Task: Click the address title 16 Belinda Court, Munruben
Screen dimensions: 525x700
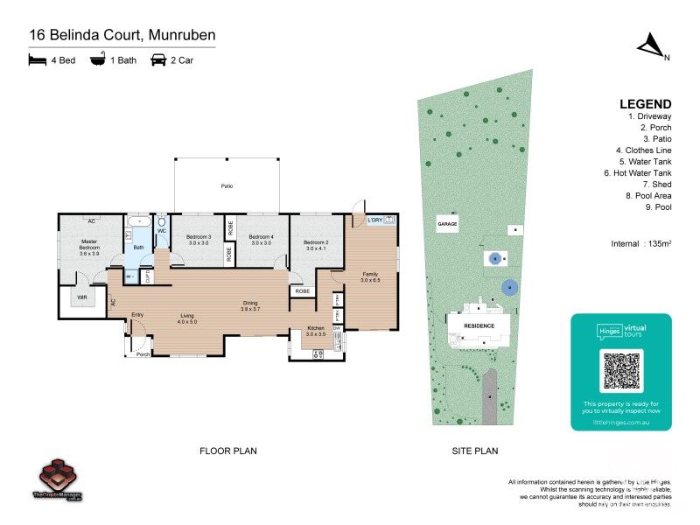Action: tap(122, 35)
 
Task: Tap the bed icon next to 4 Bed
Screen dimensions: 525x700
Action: tap(36, 60)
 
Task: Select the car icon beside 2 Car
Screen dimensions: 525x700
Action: tap(159, 60)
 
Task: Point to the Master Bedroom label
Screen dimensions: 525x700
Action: tap(90, 244)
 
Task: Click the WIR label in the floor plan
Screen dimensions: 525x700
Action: tap(81, 297)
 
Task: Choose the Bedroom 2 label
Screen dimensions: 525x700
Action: tap(316, 244)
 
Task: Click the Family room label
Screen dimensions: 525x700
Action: tap(370, 275)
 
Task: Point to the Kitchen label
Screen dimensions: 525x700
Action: tap(315, 329)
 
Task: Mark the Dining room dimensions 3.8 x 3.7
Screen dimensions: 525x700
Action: tap(252, 309)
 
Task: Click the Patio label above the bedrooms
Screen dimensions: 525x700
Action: tap(227, 186)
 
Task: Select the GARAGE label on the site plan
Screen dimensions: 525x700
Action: tap(447, 224)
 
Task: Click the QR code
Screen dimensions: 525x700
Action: tap(622, 371)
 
